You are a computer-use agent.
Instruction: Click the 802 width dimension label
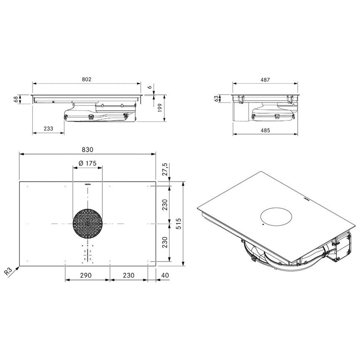pyautogui.click(x=86, y=79)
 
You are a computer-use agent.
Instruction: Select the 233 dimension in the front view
pyautogui.click(x=48, y=129)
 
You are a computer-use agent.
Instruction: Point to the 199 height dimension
pyautogui.click(x=160, y=108)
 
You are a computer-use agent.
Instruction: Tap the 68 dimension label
pyautogui.click(x=16, y=99)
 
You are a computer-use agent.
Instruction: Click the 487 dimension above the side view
pyautogui.click(x=265, y=80)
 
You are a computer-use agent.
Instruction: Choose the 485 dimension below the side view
pyautogui.click(x=265, y=130)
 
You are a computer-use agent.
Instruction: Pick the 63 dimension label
pyautogui.click(x=216, y=99)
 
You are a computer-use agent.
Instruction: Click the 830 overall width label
pyautogui.click(x=88, y=150)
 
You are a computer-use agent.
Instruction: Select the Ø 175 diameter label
pyautogui.click(x=88, y=163)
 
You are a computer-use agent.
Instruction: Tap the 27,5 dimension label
pyautogui.click(x=165, y=169)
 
